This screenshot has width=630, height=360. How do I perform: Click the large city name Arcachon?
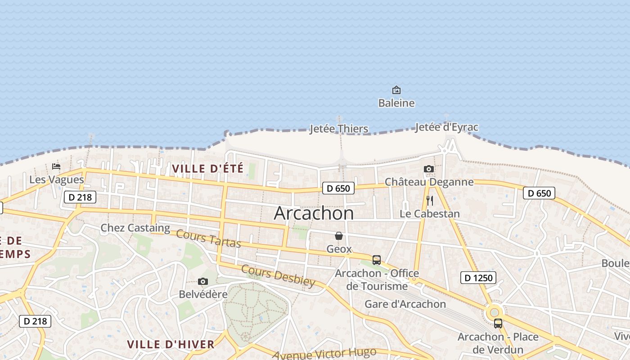tap(314, 213)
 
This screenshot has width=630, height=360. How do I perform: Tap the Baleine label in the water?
tap(396, 103)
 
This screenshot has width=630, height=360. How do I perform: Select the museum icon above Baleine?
tap(396, 90)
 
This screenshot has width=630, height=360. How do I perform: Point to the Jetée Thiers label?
tap(339, 129)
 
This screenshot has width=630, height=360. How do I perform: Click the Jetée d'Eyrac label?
tap(446, 127)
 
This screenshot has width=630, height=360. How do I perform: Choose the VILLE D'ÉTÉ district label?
tap(207, 169)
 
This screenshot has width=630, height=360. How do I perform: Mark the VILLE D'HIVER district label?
tap(171, 344)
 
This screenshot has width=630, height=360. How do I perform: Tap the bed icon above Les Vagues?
tap(56, 166)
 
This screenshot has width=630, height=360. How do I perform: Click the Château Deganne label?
tap(429, 182)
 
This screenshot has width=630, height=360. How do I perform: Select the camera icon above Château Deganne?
tap(429, 169)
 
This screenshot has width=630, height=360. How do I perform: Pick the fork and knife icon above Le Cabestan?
tap(430, 200)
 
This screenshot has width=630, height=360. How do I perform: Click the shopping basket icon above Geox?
tap(339, 236)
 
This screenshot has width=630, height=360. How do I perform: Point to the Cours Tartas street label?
tap(208, 238)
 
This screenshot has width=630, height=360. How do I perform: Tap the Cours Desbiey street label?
tap(278, 275)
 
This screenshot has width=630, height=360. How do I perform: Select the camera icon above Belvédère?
tap(203, 282)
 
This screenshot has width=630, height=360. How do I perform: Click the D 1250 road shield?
tap(478, 278)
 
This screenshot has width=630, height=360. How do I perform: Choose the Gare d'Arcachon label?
tap(405, 304)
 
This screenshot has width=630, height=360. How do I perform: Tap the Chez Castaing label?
tap(135, 228)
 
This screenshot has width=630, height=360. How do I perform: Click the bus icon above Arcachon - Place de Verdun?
tap(498, 323)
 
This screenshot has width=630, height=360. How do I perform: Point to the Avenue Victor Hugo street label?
tap(324, 354)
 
